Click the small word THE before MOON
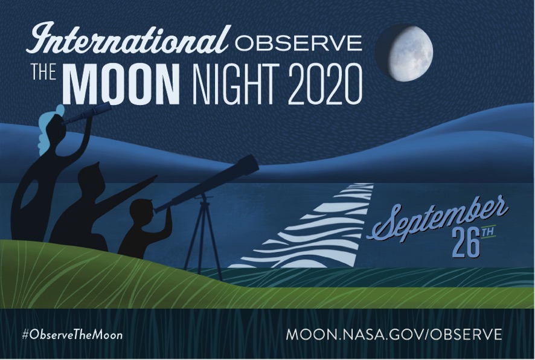[43, 72]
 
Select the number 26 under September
[466, 245]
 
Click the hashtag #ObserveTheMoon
[72, 335]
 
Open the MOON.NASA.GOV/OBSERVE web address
[394, 335]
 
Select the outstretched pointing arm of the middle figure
[128, 190]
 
